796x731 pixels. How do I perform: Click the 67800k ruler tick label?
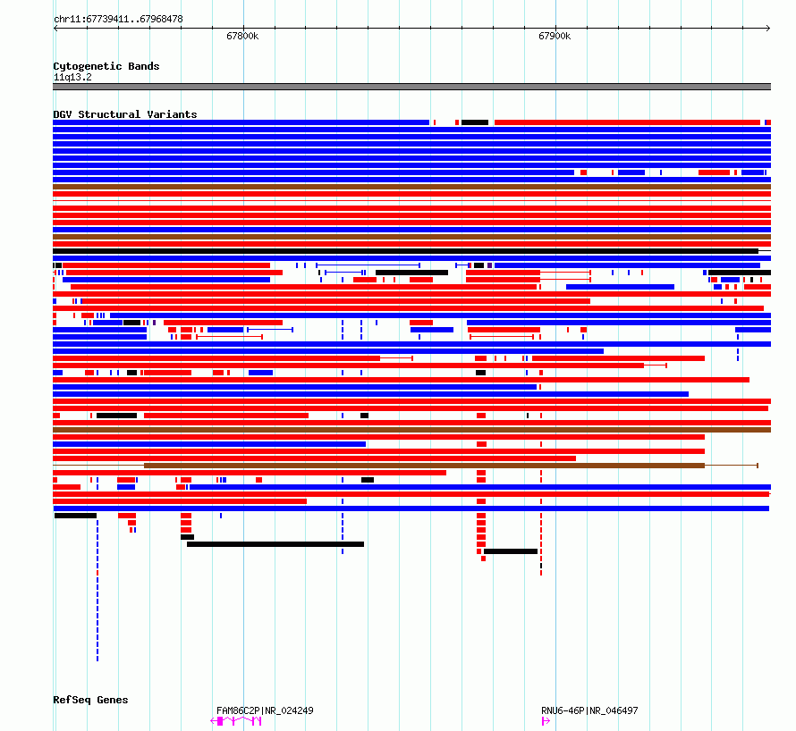tap(242, 37)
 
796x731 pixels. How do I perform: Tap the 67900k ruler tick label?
tap(555, 37)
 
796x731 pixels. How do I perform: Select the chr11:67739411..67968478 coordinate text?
tap(118, 19)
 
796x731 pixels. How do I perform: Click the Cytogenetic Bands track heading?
tap(106, 66)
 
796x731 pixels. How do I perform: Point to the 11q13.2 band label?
tap(72, 77)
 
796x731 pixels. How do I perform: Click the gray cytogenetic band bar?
tap(411, 87)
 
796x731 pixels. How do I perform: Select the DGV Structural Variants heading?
tap(125, 114)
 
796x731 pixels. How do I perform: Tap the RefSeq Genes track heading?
tap(90, 700)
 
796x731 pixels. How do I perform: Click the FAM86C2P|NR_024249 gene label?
tap(265, 710)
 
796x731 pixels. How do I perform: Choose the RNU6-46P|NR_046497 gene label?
tap(589, 710)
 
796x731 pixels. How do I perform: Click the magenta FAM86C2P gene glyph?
tap(237, 720)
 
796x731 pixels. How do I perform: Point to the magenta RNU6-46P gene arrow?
tap(546, 720)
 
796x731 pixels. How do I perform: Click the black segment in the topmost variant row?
tap(475, 122)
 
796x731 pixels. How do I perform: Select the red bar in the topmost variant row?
tap(626, 122)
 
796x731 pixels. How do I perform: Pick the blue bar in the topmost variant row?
tap(241, 122)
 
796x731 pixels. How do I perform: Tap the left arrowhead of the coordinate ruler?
tap(55, 28)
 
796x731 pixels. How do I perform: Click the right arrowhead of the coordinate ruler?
tap(768, 28)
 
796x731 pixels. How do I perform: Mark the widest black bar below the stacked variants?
tap(275, 544)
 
